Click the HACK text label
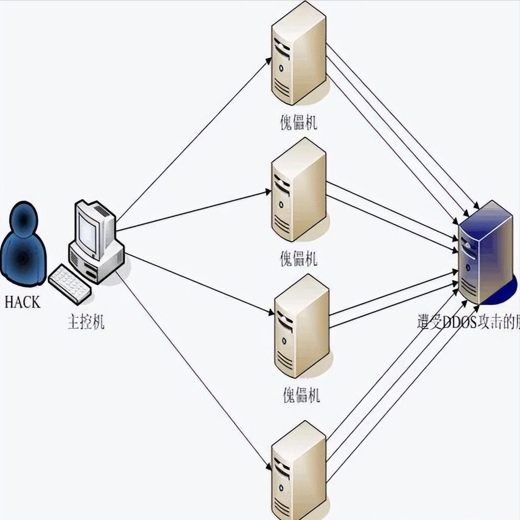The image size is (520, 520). [x=22, y=302]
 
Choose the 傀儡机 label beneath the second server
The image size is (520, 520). [x=299, y=259]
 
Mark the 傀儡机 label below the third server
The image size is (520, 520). [x=301, y=396]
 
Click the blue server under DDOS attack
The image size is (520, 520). [x=484, y=253]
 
